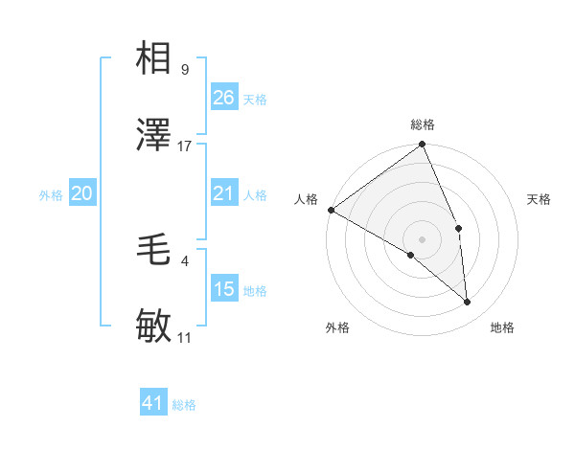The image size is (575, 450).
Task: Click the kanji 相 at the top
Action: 154,58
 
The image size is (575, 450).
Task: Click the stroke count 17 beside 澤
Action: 185,146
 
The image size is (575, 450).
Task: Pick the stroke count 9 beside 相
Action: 184,70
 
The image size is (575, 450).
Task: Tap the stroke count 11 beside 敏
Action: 185,338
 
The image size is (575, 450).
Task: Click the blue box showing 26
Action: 223,97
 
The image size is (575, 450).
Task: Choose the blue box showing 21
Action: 223,193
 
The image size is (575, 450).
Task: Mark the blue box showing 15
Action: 223,289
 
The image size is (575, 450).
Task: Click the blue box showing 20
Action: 81,193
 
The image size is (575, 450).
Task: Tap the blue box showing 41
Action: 153,403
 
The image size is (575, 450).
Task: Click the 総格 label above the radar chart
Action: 423,124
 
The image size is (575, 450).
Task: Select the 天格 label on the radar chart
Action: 540,199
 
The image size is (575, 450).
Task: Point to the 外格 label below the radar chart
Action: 337,327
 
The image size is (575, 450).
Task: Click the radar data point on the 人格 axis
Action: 331,210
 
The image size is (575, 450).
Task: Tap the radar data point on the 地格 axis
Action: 468,302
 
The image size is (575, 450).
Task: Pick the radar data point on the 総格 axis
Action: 423,146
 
